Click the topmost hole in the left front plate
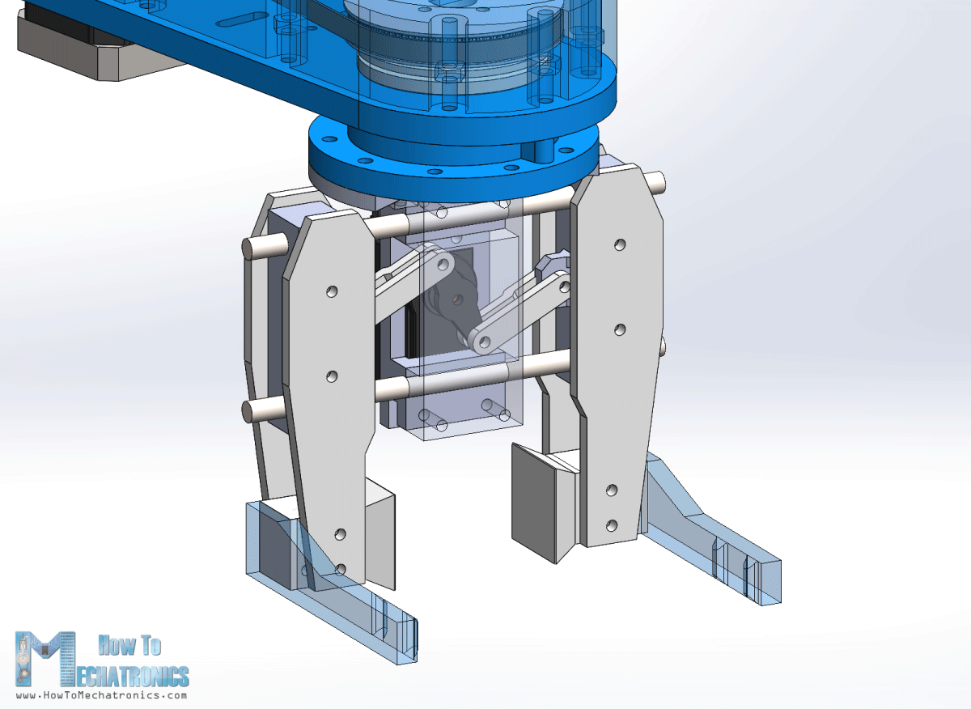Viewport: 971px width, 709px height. pos(330,291)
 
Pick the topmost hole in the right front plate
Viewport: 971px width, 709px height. pos(619,244)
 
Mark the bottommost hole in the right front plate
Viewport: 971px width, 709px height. pos(612,524)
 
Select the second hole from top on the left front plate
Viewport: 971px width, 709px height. pos(331,376)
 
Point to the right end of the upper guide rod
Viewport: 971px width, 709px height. pos(662,182)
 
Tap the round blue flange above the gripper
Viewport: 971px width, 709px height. pos(453,158)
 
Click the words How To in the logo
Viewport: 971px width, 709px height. pos(129,645)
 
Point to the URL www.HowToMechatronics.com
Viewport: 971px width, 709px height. pos(101,695)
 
